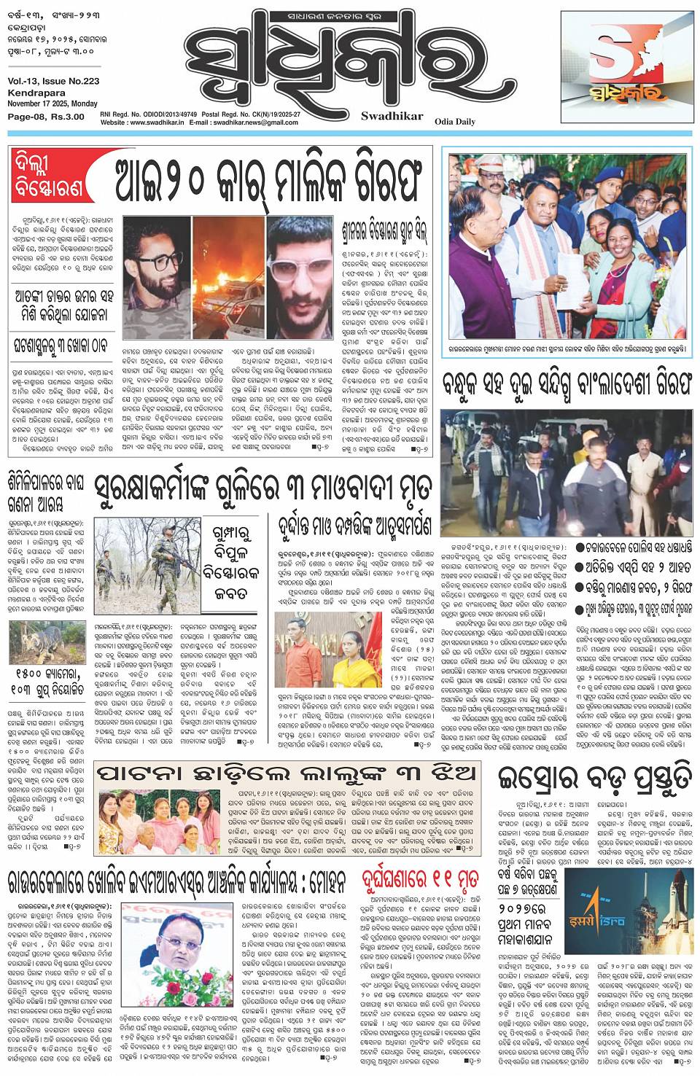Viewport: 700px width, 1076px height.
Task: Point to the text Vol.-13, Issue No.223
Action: click(54, 82)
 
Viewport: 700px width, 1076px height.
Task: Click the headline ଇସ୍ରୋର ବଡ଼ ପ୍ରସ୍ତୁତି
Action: click(594, 779)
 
